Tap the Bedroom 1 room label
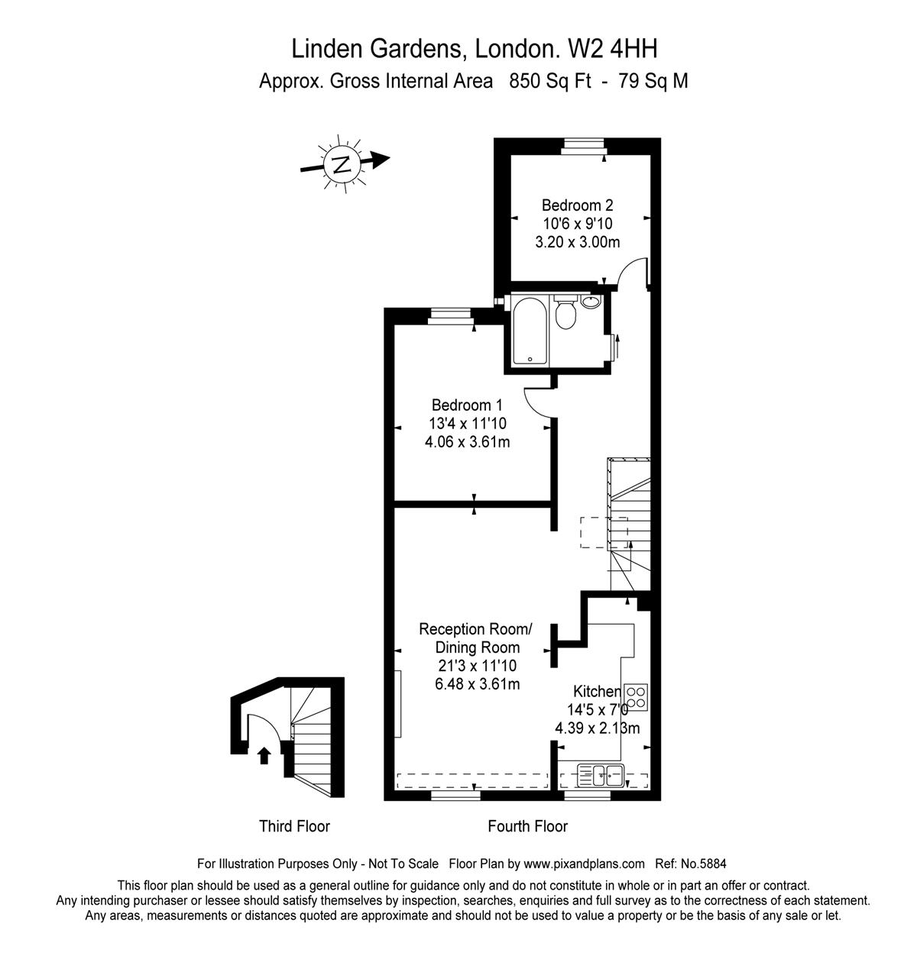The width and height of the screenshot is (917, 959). coord(467,405)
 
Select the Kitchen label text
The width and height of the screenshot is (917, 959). coord(596,691)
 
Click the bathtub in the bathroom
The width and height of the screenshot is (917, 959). coord(529,331)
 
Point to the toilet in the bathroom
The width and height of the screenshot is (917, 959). coord(565,312)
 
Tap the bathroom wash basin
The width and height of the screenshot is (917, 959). coord(590,302)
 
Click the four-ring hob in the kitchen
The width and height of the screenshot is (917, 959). coord(635,697)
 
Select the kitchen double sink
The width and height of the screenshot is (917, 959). coord(601,776)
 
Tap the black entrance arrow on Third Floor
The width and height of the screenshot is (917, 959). coord(264,755)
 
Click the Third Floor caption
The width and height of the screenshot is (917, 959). coord(294,826)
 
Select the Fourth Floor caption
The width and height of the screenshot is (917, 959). coord(527,826)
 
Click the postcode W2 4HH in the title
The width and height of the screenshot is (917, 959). coord(613,50)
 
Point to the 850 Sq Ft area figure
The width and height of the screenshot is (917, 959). coord(550,81)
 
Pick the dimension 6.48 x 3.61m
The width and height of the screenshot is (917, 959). coord(477,684)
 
